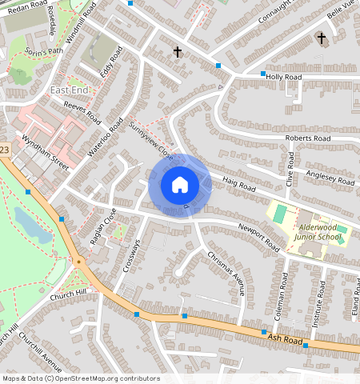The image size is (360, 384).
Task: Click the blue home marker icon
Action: pyautogui.click(x=180, y=185)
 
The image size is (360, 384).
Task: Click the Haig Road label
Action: pyautogui.click(x=238, y=185)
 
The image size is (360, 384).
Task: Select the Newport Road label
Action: pyautogui.click(x=258, y=233)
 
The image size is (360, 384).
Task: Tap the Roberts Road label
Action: pyautogui.click(x=308, y=138)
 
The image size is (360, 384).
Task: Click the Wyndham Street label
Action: pyautogui.click(x=46, y=150)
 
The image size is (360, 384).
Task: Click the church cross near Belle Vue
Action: pyautogui.click(x=322, y=38)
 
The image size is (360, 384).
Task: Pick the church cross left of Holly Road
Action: pyautogui.click(x=178, y=53)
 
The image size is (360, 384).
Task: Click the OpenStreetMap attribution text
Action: pyautogui.click(x=80, y=378)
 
